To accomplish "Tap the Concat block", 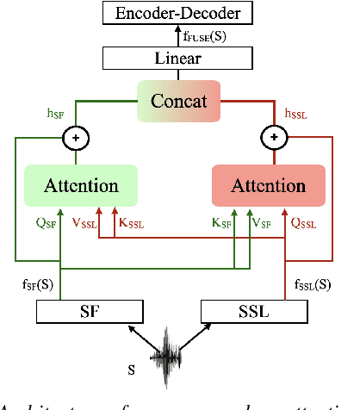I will pyautogui.click(x=180, y=101).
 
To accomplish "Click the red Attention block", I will pyautogui.click(x=270, y=186).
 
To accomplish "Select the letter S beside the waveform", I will pyautogui.click(x=130, y=371).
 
